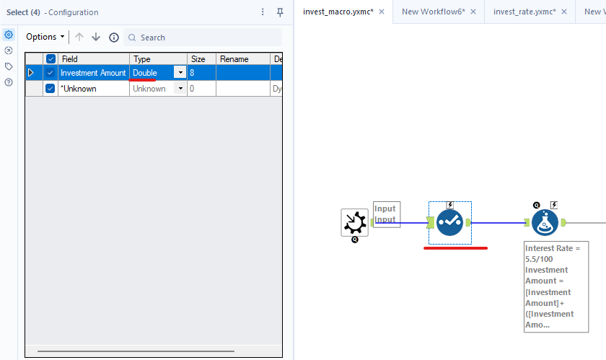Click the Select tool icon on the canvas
[449, 223]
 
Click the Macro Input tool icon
[354, 223]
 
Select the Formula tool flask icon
[545, 223]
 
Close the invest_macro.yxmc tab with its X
[380, 12]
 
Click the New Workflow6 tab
[432, 12]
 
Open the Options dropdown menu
[45, 37]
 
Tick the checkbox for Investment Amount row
[50, 73]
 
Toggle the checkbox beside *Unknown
[50, 89]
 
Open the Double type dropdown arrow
[180, 73]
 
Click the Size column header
[198, 59]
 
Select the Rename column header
[234, 59]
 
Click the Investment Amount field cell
[93, 73]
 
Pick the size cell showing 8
[201, 73]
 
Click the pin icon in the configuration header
[280, 12]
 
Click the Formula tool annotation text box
[555, 286]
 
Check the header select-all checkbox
[50, 59]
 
